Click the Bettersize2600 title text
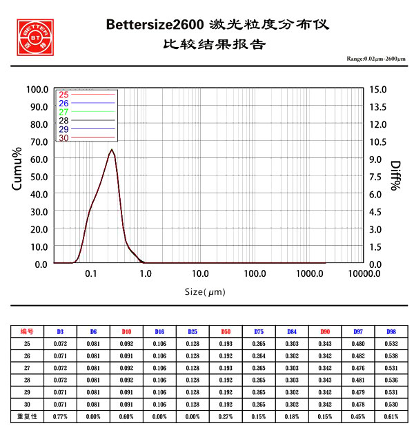pyautogui.click(x=155, y=25)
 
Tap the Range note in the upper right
pyautogui.click(x=377, y=60)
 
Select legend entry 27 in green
pyautogui.click(x=64, y=112)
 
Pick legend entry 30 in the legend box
pyautogui.click(x=64, y=138)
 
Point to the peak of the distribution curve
pyautogui.click(x=112, y=149)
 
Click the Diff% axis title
pyautogui.click(x=395, y=176)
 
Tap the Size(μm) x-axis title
pyautogui.click(x=205, y=291)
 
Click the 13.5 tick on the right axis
pyautogui.click(x=379, y=106)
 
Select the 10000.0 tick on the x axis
pyautogui.click(x=363, y=274)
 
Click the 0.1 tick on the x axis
pyautogui.click(x=91, y=274)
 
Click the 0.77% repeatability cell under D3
pyautogui.click(x=60, y=417)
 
